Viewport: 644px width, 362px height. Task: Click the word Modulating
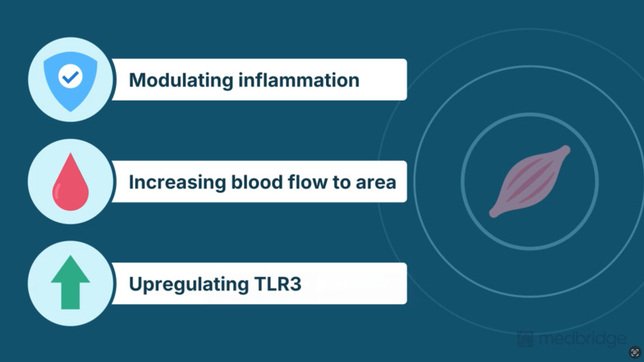point(181,80)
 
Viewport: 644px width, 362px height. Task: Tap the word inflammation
point(299,80)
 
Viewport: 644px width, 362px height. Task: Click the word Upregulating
point(189,285)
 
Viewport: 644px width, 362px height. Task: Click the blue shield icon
point(71,81)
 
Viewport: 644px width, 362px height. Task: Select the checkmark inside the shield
point(71,76)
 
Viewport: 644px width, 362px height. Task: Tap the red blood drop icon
point(70,182)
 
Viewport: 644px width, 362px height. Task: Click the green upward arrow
point(70,282)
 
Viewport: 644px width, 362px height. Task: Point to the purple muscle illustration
point(530,181)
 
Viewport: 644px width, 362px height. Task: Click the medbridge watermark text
point(583,339)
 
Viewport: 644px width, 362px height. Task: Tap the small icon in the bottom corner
point(635,352)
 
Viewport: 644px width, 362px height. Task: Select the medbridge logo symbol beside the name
point(526,339)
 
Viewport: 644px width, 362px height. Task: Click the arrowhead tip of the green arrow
point(70,256)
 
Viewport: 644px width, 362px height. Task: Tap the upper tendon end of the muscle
point(566,150)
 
